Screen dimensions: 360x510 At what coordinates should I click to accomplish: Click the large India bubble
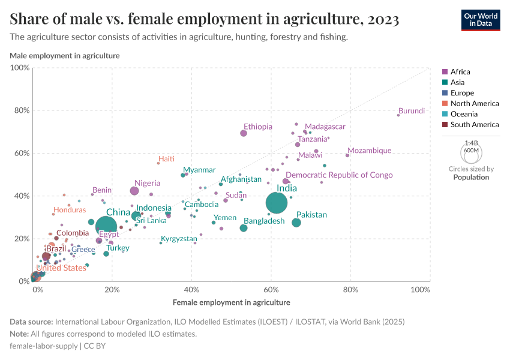pos(277,203)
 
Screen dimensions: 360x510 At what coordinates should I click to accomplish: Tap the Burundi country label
pos(412,111)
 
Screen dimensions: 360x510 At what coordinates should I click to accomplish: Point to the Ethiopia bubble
pos(244,133)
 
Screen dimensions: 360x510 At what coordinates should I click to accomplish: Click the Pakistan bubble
pos(296,223)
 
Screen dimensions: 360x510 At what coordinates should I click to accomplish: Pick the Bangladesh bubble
pos(244,228)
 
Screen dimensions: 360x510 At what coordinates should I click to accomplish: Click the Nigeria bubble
pos(134,191)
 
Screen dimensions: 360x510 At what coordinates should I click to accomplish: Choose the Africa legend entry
pos(457,72)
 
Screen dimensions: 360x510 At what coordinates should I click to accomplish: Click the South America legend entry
pos(470,125)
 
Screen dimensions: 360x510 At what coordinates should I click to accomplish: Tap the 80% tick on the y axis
pos(22,110)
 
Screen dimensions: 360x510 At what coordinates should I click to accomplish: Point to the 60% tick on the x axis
pos(271,290)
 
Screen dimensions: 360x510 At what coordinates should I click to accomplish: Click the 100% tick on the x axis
pos(421,290)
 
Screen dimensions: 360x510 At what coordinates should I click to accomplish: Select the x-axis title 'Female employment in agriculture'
pos(232,302)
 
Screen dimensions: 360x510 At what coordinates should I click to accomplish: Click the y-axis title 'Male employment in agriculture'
pos(65,56)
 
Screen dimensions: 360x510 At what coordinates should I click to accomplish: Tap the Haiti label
pos(166,159)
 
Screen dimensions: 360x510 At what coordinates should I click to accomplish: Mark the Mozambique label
pos(370,151)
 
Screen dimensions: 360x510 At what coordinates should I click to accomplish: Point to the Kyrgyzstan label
pos(179,239)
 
